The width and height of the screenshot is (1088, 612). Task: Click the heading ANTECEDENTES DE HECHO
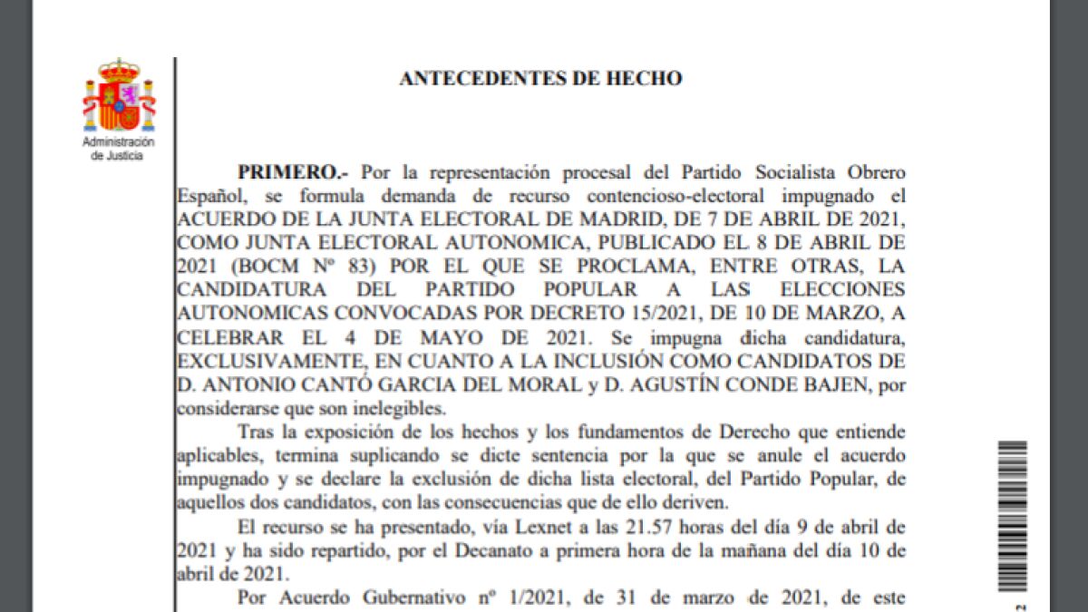[540, 79]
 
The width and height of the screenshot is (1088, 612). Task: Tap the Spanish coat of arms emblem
[119, 96]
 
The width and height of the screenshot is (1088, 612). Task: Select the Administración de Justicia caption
[119, 149]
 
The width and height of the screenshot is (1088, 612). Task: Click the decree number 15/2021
[627, 314]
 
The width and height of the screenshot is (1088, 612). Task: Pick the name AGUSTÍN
[673, 384]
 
